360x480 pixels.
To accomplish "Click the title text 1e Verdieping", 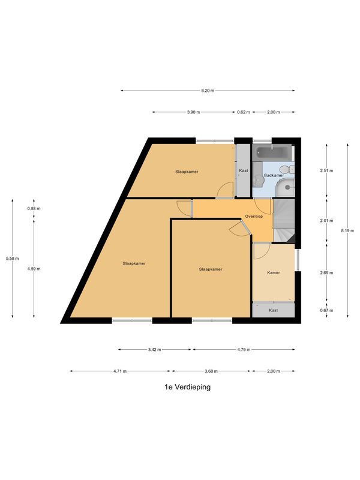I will click(187, 387).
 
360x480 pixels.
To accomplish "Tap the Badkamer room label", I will click(273, 175).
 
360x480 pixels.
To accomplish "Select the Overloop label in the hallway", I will click(254, 217).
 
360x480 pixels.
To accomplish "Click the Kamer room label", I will click(274, 273).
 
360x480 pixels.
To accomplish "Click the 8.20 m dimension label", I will click(208, 91).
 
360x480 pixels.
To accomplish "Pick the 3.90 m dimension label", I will click(193, 112).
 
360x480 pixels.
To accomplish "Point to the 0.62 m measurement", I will click(243, 112).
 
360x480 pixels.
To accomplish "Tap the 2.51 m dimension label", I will click(326, 170).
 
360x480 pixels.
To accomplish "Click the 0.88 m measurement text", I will click(34, 208).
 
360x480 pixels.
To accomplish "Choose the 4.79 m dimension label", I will click(244, 350).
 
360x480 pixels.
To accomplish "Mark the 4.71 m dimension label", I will click(120, 371).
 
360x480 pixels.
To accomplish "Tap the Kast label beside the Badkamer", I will click(243, 171).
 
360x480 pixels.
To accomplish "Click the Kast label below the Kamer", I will click(274, 310).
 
